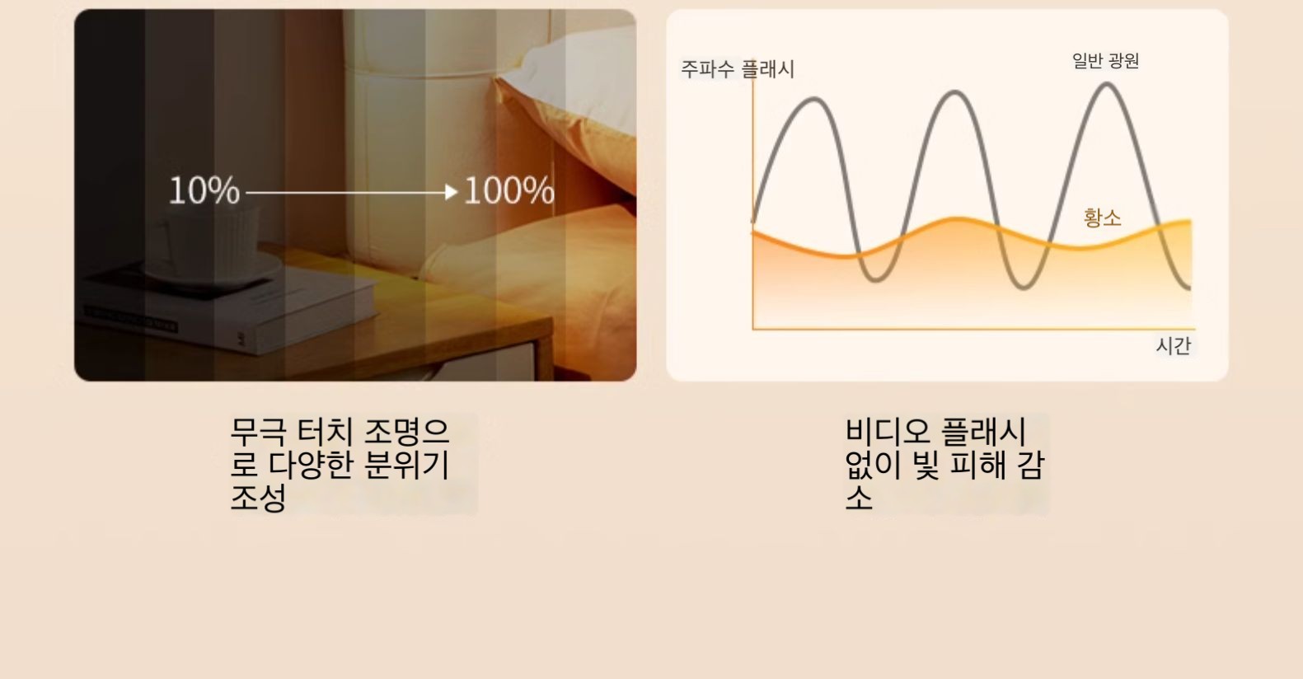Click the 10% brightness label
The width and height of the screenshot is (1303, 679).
tap(204, 190)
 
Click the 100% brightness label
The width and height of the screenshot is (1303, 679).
tap(509, 190)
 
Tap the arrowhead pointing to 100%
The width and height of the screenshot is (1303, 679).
tap(452, 192)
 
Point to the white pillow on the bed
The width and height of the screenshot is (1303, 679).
tap(576, 82)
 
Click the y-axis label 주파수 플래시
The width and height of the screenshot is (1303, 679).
tap(737, 69)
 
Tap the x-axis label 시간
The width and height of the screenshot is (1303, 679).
tap(1174, 345)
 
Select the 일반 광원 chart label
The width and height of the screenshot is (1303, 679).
tap(1105, 60)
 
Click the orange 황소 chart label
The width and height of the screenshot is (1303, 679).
tap(1102, 218)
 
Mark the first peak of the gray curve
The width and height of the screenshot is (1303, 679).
tap(814, 100)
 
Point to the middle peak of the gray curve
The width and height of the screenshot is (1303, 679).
tap(954, 93)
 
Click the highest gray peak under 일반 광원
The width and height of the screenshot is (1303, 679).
tap(1106, 86)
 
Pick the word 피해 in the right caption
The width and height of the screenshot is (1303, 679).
tap(977, 464)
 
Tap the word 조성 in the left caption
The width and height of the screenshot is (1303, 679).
tap(258, 498)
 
